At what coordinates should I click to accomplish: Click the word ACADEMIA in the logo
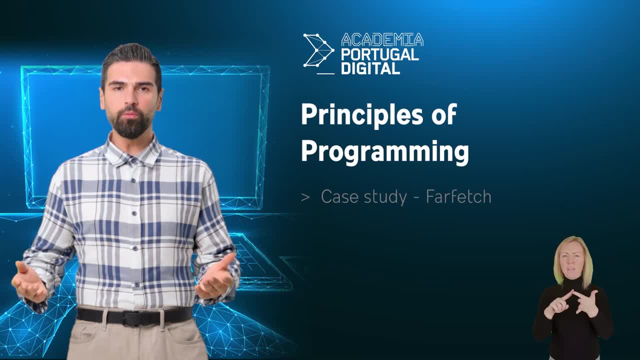382,39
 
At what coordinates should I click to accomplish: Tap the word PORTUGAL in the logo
380,54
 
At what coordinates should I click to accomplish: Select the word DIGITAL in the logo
370,68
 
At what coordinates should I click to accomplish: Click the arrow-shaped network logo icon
318,50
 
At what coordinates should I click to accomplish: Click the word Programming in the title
385,152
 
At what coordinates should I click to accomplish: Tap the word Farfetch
458,196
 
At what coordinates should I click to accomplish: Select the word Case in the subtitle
339,197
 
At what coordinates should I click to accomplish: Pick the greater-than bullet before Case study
305,197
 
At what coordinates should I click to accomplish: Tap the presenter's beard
130,123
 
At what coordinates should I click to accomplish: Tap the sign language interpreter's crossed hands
571,305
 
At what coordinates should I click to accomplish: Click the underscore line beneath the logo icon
325,73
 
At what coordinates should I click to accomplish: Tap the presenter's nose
130,98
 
